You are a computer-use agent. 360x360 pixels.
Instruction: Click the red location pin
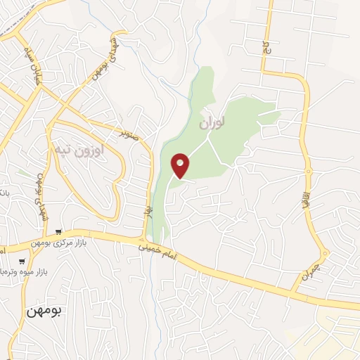(x=181, y=165)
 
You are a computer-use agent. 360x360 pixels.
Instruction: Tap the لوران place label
(x=210, y=122)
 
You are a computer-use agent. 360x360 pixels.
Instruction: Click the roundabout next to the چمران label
(x=325, y=254)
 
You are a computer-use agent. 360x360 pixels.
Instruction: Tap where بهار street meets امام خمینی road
(x=148, y=241)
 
